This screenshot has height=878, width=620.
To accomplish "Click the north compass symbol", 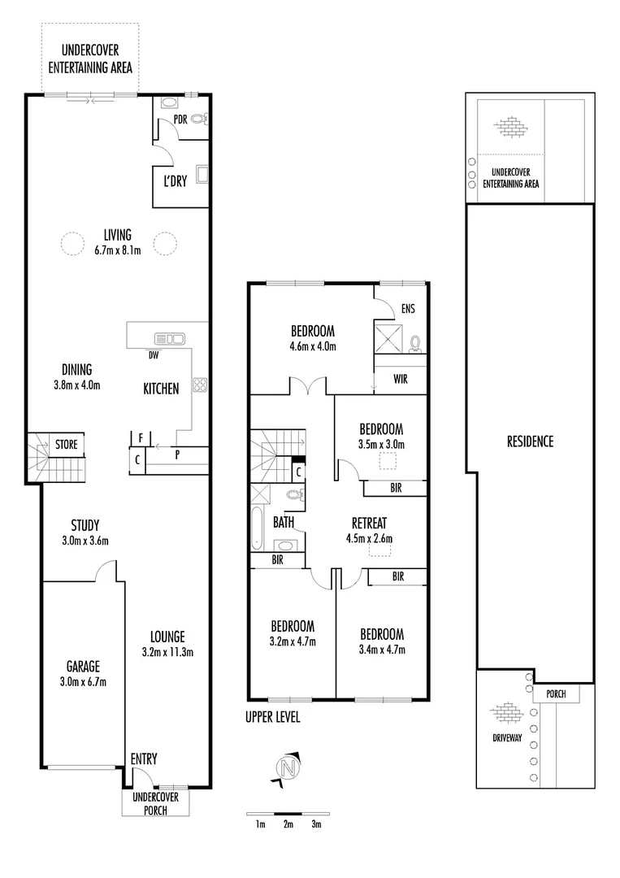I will click(x=286, y=767).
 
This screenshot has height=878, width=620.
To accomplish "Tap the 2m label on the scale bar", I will click(x=288, y=824).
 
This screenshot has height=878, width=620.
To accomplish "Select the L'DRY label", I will click(x=175, y=181).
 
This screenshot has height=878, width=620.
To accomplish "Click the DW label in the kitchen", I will click(x=153, y=354).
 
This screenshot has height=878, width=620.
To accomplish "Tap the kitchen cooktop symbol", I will click(x=197, y=385).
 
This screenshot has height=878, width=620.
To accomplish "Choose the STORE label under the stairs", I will click(x=66, y=445).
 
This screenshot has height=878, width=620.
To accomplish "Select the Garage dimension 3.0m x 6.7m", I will click(x=82, y=681).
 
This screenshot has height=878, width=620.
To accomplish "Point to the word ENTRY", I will click(x=144, y=759).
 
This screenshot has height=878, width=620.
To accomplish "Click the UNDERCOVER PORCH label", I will click(x=155, y=802).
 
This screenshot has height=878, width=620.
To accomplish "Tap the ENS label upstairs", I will click(x=409, y=309).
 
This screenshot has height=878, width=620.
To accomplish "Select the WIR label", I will click(x=399, y=379).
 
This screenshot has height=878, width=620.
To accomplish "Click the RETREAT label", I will click(x=369, y=523).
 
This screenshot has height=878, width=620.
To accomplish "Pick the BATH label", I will click(x=284, y=521).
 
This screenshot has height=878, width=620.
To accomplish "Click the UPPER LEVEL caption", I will click(x=273, y=717).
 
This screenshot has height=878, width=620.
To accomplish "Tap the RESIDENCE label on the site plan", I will click(x=530, y=441).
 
